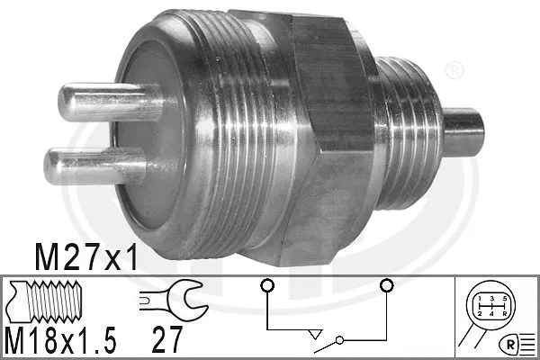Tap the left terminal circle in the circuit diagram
tap(265, 286)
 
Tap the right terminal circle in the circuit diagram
tap(386, 286)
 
